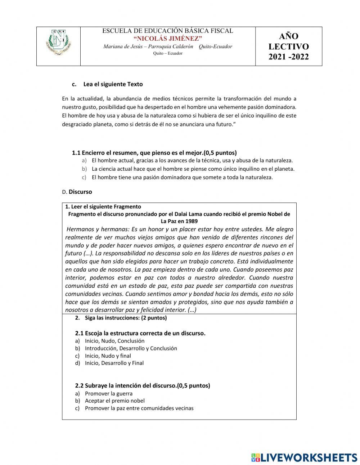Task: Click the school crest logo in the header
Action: (x=58, y=43)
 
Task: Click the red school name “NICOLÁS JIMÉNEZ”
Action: (x=168, y=39)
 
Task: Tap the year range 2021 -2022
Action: (x=288, y=57)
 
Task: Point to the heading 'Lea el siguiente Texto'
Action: (x=113, y=84)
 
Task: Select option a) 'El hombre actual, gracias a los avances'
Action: (x=192, y=161)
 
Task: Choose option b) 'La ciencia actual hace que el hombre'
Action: (x=193, y=169)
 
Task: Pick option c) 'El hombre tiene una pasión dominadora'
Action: (x=182, y=177)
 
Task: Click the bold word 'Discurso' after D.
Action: (x=80, y=192)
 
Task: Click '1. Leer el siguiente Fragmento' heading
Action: (x=103, y=207)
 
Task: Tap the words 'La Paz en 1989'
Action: (x=179, y=221)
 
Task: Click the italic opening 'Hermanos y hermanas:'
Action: (x=98, y=229)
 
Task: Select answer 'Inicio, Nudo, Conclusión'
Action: (x=114, y=341)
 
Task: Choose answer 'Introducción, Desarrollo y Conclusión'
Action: (x=131, y=348)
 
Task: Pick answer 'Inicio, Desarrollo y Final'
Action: (x=114, y=363)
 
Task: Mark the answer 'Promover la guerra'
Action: (x=108, y=394)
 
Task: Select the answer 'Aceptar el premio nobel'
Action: (x=114, y=401)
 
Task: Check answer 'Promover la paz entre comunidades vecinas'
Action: (x=139, y=408)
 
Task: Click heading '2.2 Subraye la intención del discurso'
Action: (x=142, y=385)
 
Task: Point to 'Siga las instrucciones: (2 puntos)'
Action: (x=126, y=318)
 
